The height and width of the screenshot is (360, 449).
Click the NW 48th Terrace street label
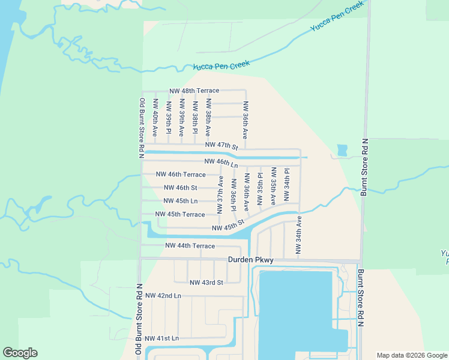194,91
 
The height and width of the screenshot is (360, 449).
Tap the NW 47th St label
221,146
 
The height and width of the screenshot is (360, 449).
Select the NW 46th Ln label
221,162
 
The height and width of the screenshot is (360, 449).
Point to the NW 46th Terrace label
180,175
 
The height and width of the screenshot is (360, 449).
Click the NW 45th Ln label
180,201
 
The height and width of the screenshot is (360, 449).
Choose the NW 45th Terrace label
180,214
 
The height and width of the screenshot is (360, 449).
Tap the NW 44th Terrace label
190,246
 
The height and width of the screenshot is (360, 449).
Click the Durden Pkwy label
250,260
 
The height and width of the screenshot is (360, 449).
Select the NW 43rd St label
206,283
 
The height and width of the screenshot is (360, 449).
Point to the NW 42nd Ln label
163,296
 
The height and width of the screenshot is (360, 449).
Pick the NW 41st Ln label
162,338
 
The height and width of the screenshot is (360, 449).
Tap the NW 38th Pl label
195,118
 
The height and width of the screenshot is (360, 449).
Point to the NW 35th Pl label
260,190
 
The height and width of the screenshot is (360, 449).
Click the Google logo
20,353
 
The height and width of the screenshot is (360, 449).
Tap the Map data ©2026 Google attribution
412,355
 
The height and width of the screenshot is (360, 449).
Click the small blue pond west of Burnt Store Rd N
342,150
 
